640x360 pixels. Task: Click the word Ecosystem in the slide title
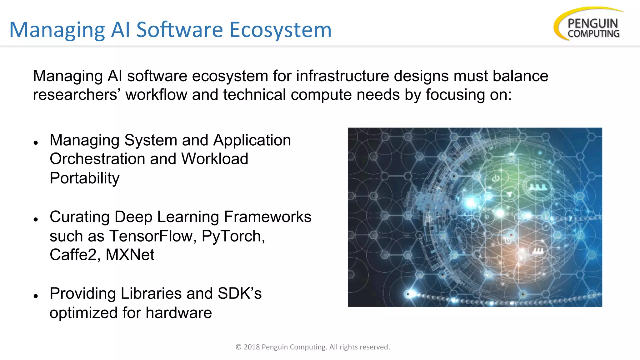[280, 30]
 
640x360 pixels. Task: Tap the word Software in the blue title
[179, 30]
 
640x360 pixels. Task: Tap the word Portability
[84, 178]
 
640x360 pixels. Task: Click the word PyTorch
[233, 236]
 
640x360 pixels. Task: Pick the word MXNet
[130, 255]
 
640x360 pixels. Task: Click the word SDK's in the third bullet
[240, 293]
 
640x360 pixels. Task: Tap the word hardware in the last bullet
[179, 313]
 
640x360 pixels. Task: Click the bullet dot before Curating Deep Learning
[36, 219]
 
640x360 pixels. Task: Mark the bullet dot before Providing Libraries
[36, 296]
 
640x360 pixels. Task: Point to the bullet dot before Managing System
[36, 143]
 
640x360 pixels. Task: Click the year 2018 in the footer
[252, 347]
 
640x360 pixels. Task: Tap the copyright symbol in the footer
[238, 347]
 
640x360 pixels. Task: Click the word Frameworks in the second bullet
[267, 217]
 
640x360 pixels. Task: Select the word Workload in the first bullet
[215, 159]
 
